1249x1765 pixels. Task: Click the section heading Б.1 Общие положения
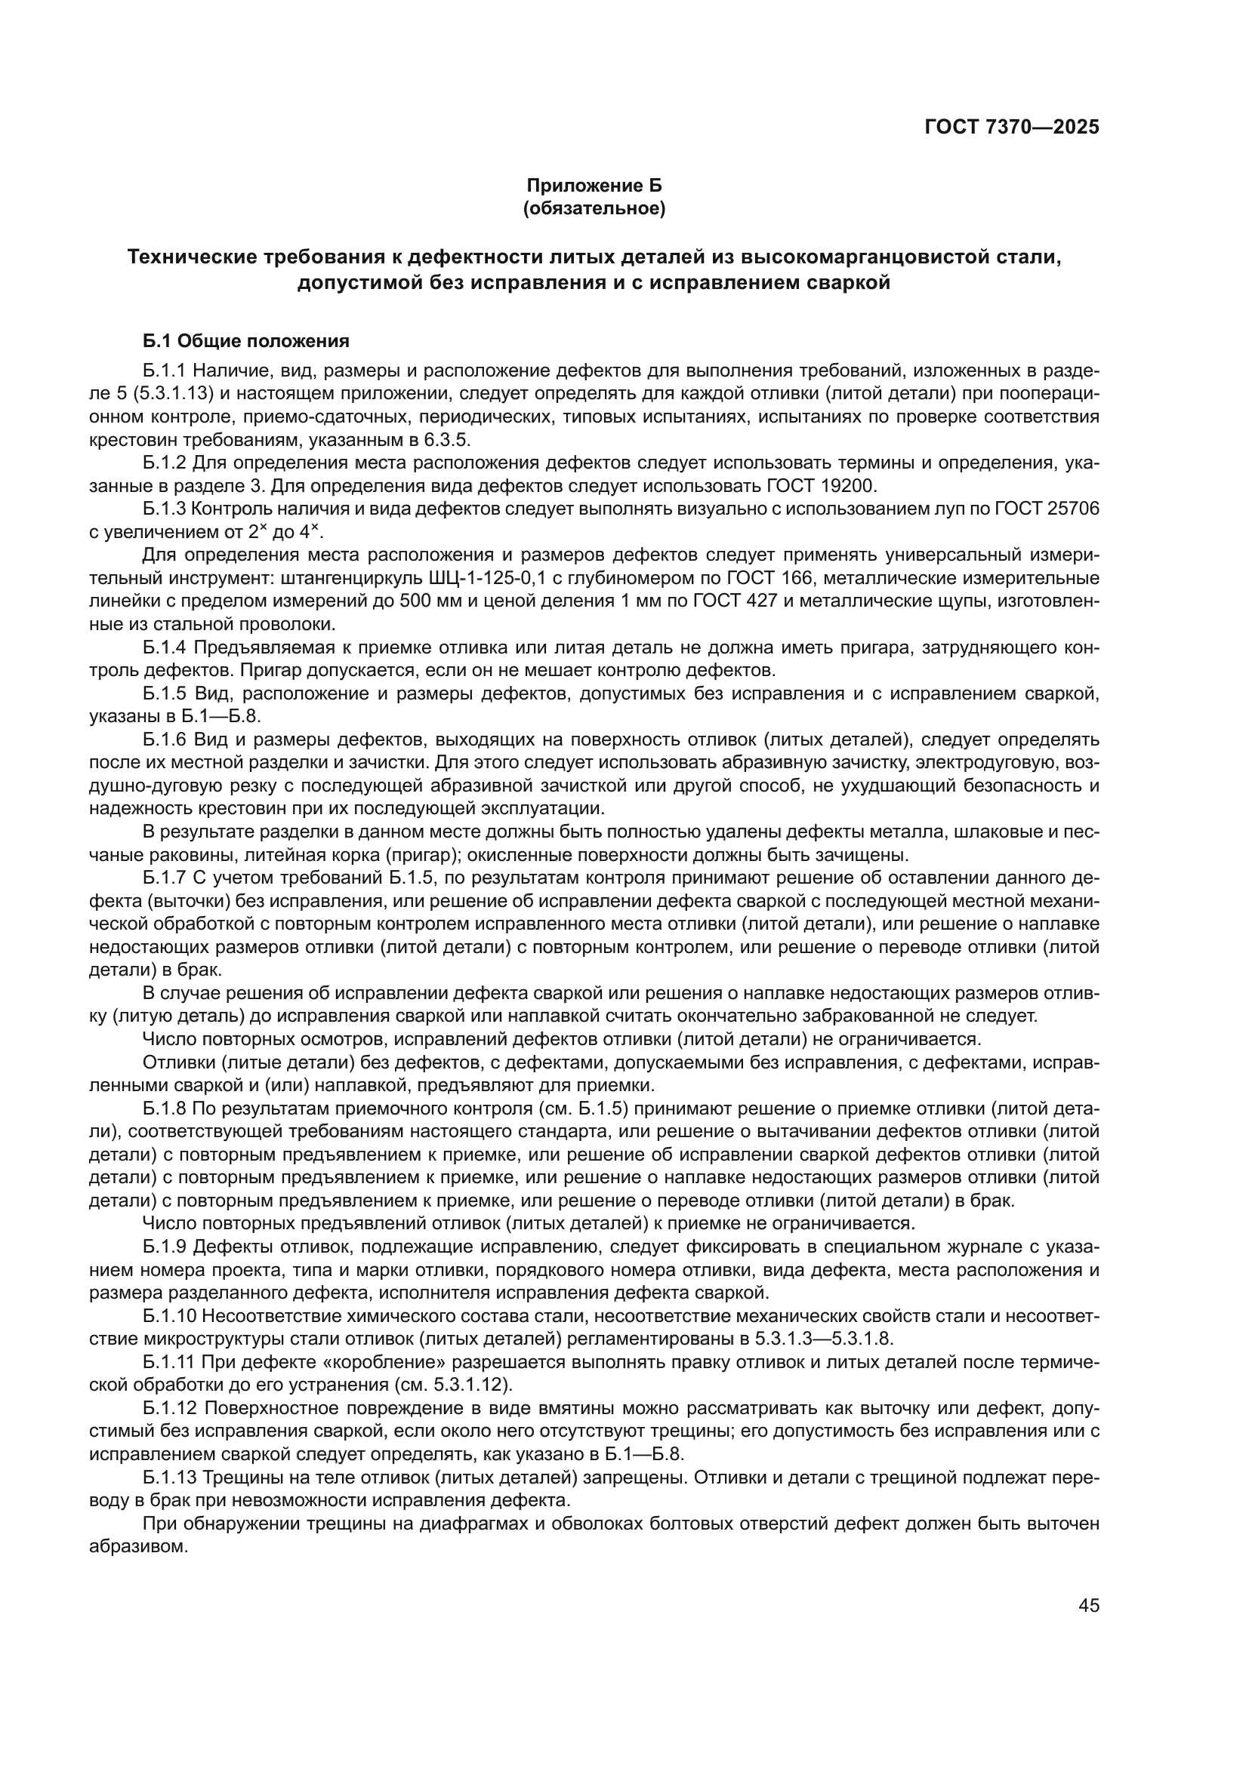pyautogui.click(x=246, y=340)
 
